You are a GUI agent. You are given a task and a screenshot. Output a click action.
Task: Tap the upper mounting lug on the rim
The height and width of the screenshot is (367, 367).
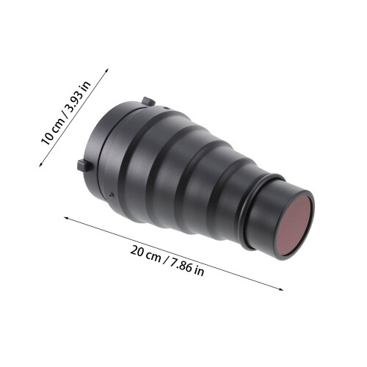tap(148, 101)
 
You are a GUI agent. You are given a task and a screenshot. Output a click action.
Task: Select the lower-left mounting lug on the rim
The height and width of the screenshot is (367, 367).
tap(84, 166)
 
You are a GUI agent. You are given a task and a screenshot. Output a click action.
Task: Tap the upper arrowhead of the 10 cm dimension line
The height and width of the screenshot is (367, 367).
tap(107, 70)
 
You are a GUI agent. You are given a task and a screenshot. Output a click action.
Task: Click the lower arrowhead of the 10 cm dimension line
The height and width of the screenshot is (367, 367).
tap(41, 164)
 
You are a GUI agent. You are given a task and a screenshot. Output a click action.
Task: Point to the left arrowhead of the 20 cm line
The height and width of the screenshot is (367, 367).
tap(67, 218)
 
